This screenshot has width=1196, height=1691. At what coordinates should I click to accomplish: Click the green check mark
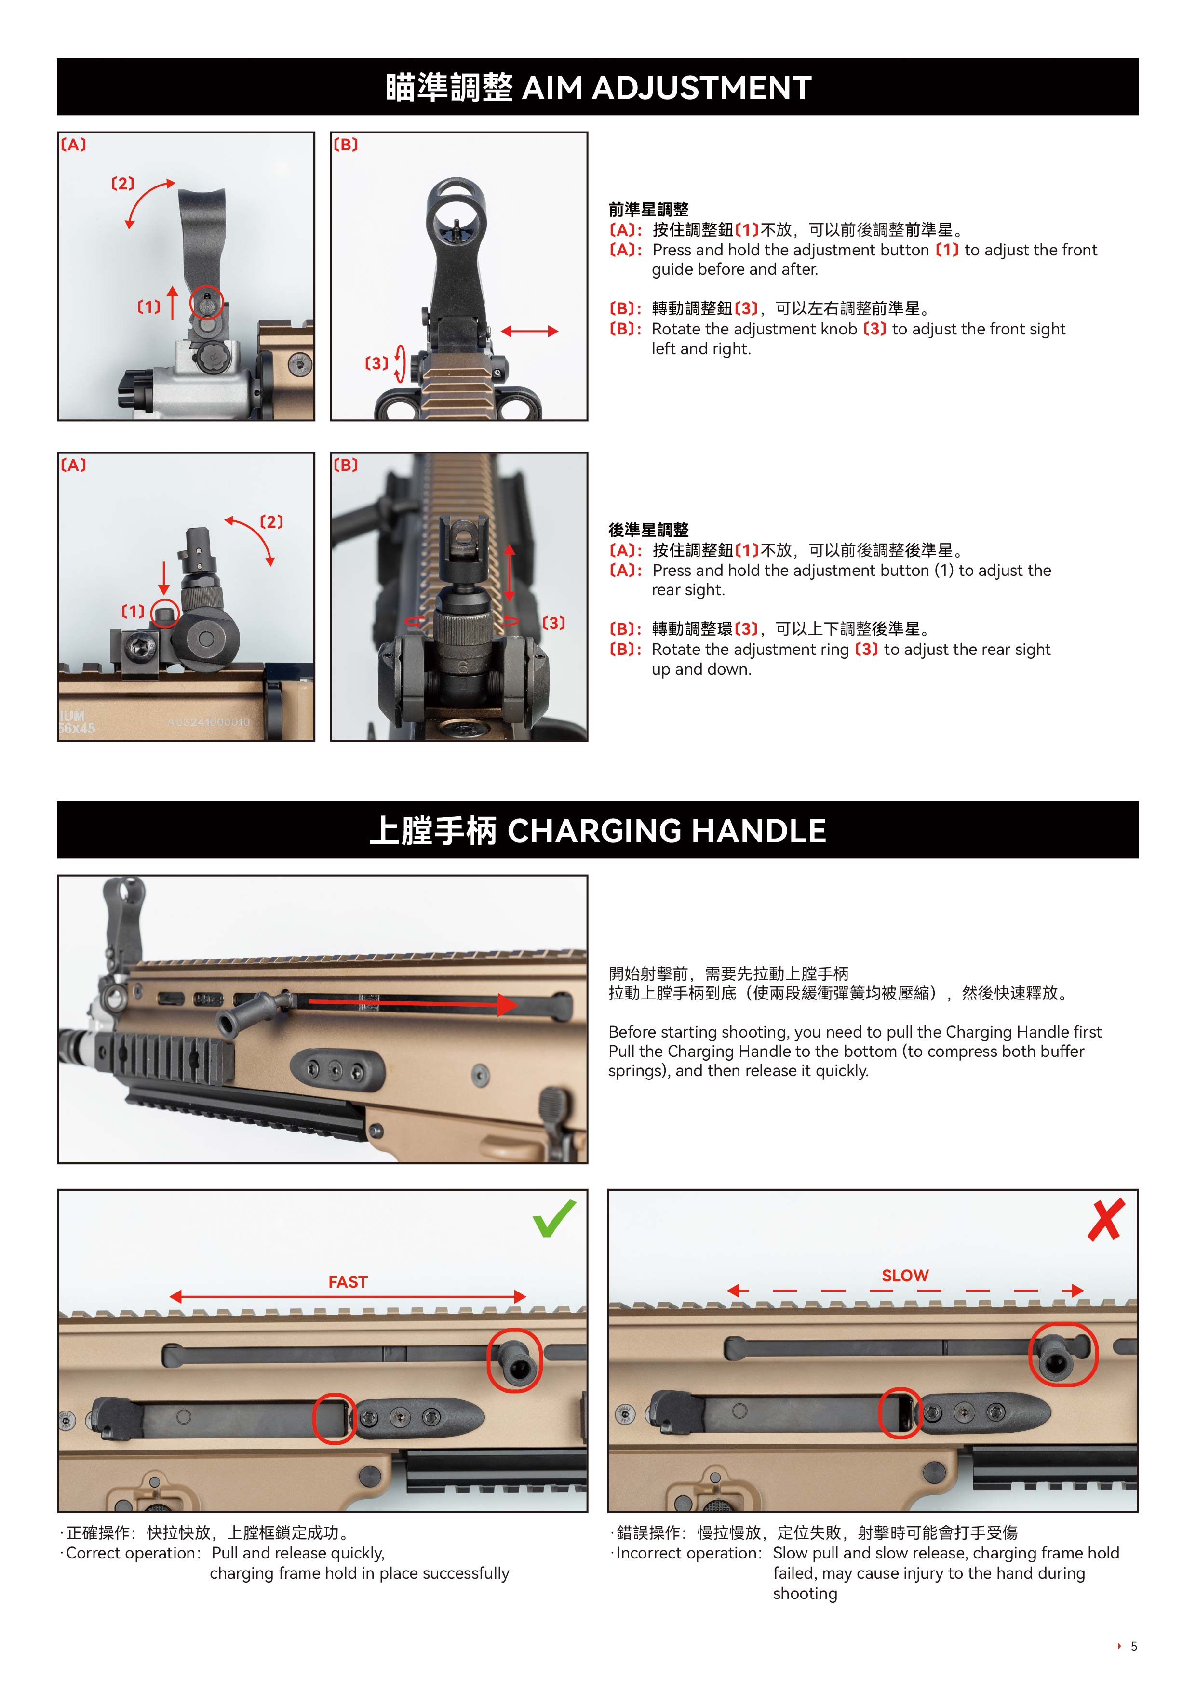(554, 1220)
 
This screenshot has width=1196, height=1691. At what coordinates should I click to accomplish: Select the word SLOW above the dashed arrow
(905, 1276)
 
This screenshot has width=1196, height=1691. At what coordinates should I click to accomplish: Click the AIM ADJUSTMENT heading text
(667, 88)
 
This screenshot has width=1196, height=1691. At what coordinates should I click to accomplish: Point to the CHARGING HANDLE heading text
(667, 831)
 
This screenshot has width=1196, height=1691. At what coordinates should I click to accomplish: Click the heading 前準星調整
(648, 209)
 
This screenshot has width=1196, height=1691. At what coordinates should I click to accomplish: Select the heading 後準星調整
(648, 530)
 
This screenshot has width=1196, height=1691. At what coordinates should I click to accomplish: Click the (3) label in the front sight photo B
(376, 363)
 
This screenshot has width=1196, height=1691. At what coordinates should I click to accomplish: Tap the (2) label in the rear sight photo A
(272, 521)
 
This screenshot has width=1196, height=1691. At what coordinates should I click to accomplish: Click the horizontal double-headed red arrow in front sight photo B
(529, 332)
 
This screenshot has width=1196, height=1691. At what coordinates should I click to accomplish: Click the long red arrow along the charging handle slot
(413, 1003)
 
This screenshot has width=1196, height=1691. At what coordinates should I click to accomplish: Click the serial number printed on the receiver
(209, 722)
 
